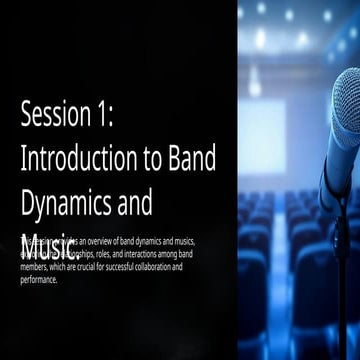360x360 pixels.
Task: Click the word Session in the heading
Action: (56, 115)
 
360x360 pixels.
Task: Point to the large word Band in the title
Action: (192, 158)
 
